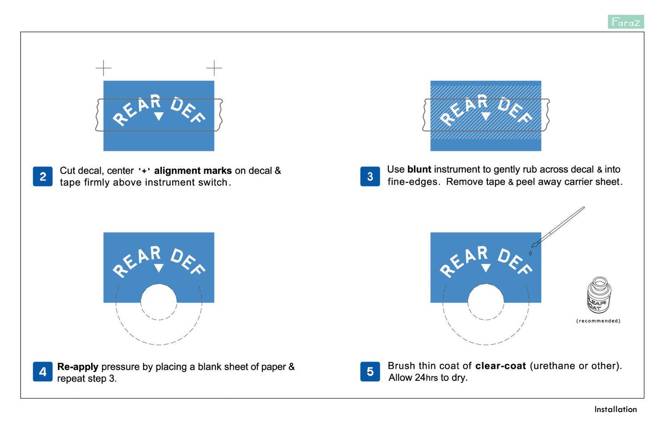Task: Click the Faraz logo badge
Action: click(626, 22)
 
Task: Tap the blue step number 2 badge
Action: click(43, 177)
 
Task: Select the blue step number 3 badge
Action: click(370, 177)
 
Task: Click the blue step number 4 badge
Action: click(43, 372)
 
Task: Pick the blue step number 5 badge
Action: click(370, 372)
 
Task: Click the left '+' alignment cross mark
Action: click(103, 68)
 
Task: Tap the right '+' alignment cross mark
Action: click(214, 68)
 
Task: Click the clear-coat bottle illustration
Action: click(599, 295)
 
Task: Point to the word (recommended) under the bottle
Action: click(598, 321)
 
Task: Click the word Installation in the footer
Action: click(615, 409)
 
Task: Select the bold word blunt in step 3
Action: click(419, 169)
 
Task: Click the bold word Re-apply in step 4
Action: click(78, 367)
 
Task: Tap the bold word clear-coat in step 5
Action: click(501, 366)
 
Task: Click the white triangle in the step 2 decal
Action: click(159, 116)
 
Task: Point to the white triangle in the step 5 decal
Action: click(486, 268)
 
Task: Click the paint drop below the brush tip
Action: click(530, 253)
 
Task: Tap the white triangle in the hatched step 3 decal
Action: click(486, 116)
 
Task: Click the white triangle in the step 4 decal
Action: click(159, 268)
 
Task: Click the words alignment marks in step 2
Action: click(193, 171)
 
